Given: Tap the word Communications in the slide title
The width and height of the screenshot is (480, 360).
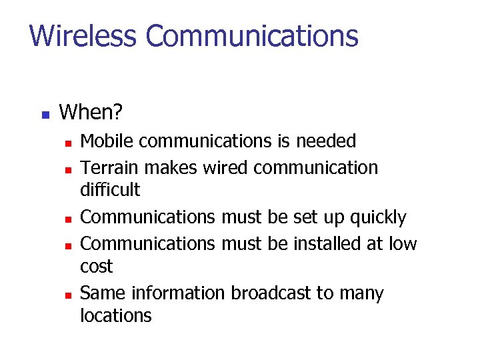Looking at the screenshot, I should pyautogui.click(x=252, y=35).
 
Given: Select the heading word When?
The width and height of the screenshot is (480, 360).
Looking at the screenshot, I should pyautogui.click(x=91, y=112).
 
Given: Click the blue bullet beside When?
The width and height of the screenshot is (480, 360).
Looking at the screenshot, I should pyautogui.click(x=45, y=114).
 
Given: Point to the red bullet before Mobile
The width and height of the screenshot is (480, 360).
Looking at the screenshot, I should pyautogui.click(x=67, y=143).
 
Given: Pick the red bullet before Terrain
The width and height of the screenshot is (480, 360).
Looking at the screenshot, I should pyautogui.click(x=67, y=169).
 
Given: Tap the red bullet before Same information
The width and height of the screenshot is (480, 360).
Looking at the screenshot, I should pyautogui.click(x=67, y=295).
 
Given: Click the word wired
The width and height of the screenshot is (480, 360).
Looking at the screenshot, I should pyautogui.click(x=225, y=167).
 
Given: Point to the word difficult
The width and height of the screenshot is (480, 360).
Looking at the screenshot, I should pyautogui.click(x=110, y=190).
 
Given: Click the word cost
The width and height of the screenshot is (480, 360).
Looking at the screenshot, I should pyautogui.click(x=96, y=267).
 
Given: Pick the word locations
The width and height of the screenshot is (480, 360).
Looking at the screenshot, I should pyautogui.click(x=115, y=315).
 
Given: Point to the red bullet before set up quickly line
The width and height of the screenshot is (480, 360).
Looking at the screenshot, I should pyautogui.click(x=67, y=219).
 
